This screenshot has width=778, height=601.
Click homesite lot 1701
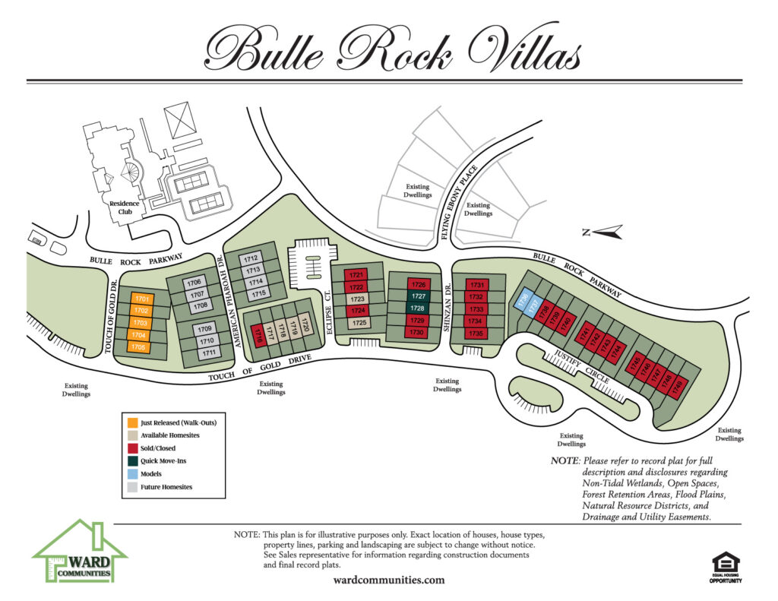click(141, 299)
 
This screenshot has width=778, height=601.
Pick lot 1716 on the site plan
click(258, 334)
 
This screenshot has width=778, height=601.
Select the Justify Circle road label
click(578, 363)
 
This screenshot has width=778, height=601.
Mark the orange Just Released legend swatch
click(132, 422)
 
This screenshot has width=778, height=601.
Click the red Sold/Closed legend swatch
click(132, 448)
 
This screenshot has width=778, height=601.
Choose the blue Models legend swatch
click(132, 473)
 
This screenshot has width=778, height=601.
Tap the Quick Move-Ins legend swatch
click(132, 460)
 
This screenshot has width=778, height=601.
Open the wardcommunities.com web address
click(388, 580)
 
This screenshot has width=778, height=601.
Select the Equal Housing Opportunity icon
click(726, 566)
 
